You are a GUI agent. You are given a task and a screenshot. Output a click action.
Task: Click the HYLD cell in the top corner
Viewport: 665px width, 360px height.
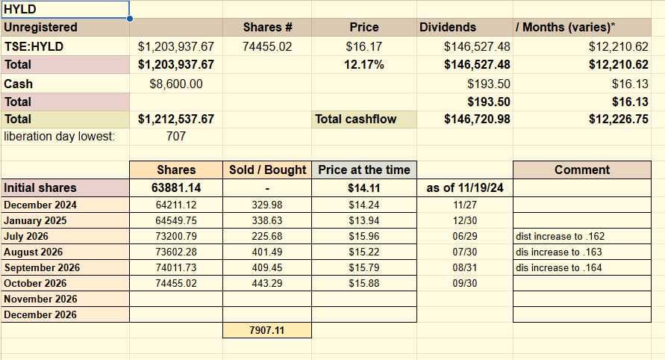[65, 10]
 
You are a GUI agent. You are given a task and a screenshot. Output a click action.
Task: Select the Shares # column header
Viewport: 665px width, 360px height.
[268, 27]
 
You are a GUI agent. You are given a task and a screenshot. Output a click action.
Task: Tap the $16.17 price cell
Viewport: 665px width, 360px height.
[364, 46]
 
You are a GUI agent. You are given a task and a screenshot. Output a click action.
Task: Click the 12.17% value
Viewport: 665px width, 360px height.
[364, 64]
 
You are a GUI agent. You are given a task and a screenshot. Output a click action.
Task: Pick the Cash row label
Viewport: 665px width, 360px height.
[18, 84]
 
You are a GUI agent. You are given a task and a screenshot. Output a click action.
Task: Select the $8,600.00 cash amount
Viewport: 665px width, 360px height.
[176, 84]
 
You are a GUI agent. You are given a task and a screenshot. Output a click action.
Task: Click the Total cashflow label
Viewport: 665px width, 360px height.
[356, 119]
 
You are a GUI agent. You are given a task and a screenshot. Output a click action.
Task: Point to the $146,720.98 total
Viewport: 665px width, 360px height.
[477, 119]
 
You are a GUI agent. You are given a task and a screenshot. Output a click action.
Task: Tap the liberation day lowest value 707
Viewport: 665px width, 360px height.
[176, 136]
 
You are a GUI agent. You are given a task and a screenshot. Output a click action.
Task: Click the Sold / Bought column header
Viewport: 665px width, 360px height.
[267, 170]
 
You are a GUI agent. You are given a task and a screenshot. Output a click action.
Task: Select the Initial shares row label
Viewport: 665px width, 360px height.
[40, 187]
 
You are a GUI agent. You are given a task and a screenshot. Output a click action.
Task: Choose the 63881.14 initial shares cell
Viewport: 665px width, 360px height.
[176, 187]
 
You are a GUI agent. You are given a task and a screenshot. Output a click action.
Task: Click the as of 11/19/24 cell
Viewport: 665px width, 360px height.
[465, 187]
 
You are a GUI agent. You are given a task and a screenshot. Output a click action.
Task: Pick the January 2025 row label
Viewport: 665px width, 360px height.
[35, 220]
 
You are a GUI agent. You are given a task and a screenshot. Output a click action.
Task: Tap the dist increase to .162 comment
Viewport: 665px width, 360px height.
[561, 236]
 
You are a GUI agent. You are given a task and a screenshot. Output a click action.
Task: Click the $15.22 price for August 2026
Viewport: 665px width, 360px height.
[364, 252]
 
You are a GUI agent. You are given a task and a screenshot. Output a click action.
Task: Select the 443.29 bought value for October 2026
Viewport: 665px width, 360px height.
[267, 283]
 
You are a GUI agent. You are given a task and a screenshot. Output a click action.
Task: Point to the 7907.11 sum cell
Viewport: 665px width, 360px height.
[267, 330]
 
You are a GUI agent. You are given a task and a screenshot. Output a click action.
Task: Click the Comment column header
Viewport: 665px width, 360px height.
[582, 170]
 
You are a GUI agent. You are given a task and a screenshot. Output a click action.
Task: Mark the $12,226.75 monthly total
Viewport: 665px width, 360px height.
[618, 119]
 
